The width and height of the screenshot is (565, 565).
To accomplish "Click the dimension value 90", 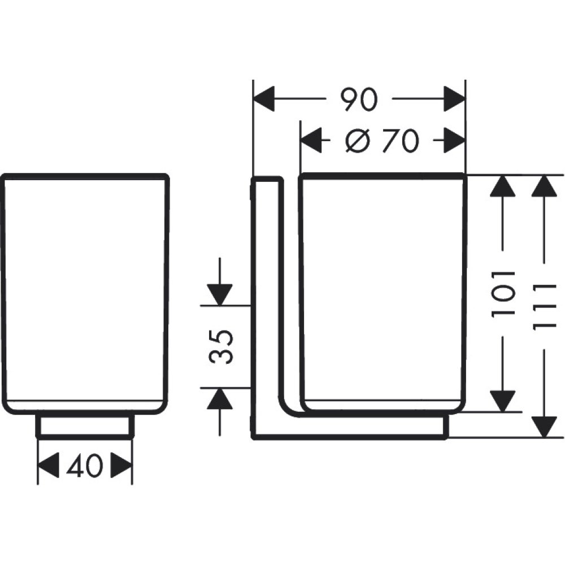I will [x=358, y=101].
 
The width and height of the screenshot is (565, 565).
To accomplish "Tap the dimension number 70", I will [x=399, y=141].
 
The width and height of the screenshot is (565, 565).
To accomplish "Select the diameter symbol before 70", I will [x=358, y=141].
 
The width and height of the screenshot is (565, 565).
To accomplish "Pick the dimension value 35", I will [x=221, y=347].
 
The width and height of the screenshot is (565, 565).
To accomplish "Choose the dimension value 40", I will [x=85, y=466].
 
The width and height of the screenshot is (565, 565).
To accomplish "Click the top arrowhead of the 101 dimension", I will [x=502, y=186].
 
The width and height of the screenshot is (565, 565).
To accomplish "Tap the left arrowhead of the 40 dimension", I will [x=49, y=466].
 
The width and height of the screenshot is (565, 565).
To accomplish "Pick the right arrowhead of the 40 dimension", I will [x=121, y=466].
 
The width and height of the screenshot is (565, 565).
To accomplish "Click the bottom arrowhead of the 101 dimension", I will [x=502, y=401].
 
